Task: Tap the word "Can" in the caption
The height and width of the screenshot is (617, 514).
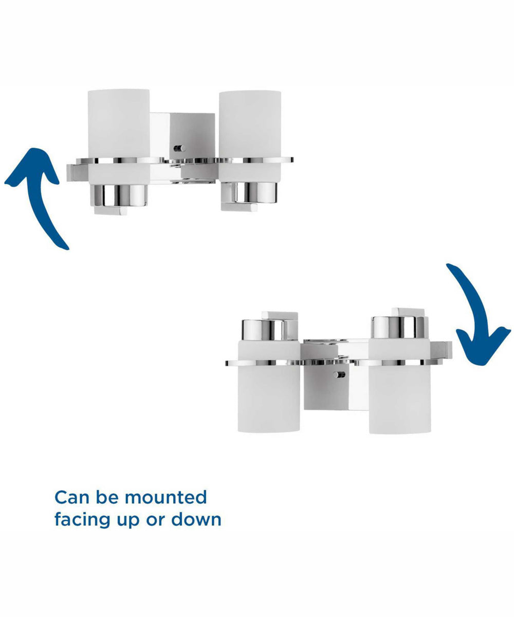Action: point(72,497)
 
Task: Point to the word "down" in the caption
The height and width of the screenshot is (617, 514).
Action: point(196,519)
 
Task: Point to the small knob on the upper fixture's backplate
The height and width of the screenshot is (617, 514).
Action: point(179,148)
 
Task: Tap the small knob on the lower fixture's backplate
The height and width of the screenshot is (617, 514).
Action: point(339,375)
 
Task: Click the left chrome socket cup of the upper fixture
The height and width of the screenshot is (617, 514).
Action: point(118,195)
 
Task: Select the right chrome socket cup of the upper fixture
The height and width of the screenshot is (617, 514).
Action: point(249,193)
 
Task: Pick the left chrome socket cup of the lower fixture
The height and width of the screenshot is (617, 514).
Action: point(264,330)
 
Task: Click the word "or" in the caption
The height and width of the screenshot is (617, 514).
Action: point(155,521)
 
